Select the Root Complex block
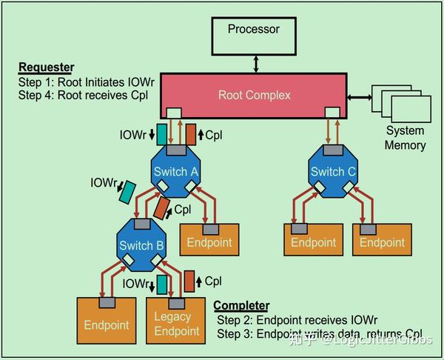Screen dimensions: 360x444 (255, 95)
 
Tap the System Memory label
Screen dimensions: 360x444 (405, 138)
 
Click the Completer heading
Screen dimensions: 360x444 (241, 305)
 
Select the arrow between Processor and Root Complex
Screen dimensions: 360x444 (255, 64)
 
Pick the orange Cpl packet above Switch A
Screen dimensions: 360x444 (190, 133)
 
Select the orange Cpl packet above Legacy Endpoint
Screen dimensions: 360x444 (190, 282)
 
